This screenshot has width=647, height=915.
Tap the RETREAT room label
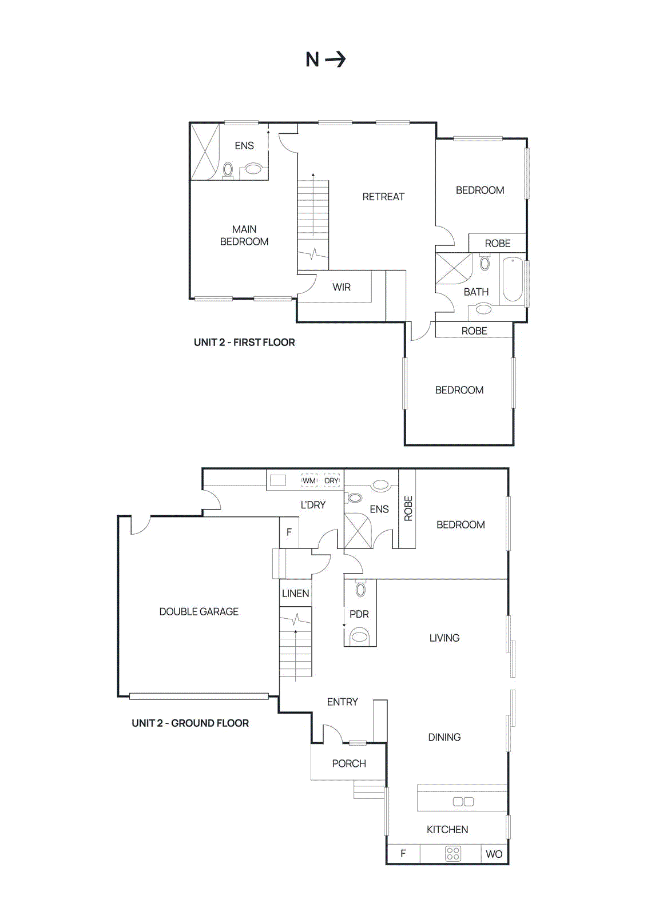point(383,197)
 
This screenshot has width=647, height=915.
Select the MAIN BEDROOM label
point(244,236)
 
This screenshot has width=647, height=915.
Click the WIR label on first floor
point(342,287)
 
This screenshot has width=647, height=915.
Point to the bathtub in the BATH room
point(512,280)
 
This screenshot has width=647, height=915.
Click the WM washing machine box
point(309,480)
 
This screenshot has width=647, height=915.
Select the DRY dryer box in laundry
point(332,480)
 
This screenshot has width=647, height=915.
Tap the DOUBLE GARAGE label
point(199,611)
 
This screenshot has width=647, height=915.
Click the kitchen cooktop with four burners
point(453,854)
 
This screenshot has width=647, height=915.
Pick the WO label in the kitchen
point(494,854)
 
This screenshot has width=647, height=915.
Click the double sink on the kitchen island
point(463,801)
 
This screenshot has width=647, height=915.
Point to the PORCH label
point(349,763)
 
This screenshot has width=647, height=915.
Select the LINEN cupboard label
point(295,594)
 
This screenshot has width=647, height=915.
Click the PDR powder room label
point(359,614)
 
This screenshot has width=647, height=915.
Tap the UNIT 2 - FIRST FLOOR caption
point(244,343)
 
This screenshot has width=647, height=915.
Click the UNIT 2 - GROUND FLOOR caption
point(190,723)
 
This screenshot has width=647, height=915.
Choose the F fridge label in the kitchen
point(403,854)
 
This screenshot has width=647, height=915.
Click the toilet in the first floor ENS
point(253,169)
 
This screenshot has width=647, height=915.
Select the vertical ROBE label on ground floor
point(408,508)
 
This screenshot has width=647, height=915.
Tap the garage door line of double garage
point(199,696)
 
